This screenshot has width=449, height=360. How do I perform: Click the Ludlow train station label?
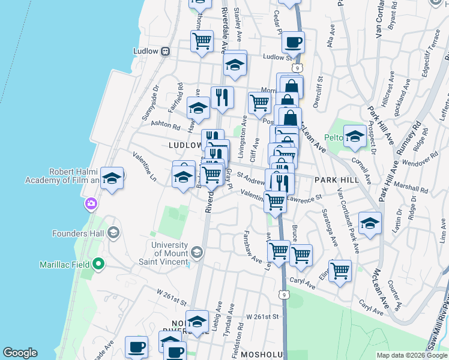click(x=148, y=50)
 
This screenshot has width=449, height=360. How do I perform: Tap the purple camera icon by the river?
click(x=91, y=203)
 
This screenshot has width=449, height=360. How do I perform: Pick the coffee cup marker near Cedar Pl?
click(x=293, y=43)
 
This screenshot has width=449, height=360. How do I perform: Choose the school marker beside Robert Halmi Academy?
click(x=112, y=178)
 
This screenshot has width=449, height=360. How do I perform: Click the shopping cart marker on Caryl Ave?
click(x=340, y=271)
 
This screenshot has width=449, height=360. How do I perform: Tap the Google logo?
click(x=20, y=353)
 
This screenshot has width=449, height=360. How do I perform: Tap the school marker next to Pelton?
click(x=355, y=136)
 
